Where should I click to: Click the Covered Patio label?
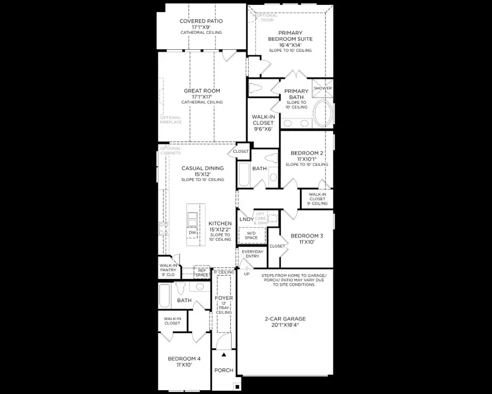tap(202, 21)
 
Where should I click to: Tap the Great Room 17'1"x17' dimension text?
tap(202, 97)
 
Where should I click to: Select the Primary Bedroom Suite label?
tap(290, 36)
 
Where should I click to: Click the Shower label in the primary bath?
tap(323, 88)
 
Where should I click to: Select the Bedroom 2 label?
tap(307, 153)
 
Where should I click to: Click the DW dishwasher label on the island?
tap(192, 233)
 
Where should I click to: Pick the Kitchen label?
tap(220, 224)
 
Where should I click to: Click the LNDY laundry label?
tap(247, 219)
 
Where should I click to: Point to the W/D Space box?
tap(251, 235)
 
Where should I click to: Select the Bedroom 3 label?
tap(307, 236)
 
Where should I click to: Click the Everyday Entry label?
tap(253, 254)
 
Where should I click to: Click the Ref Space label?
tap(202, 273)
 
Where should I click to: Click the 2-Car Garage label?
tap(285, 318)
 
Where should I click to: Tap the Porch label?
tap(224, 370)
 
